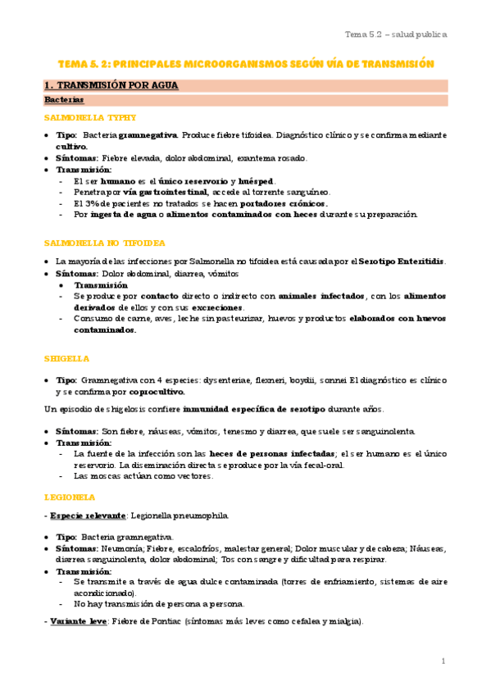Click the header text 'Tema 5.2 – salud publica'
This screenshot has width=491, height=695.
point(395,34)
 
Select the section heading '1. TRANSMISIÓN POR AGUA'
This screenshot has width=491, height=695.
point(111,85)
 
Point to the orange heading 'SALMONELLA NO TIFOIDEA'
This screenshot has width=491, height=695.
point(104,243)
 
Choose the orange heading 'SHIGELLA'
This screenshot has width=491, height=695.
point(66,358)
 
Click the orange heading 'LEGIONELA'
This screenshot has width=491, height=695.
point(70,497)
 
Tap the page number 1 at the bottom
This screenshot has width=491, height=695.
point(443,661)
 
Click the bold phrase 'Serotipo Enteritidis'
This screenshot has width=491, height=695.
point(402,261)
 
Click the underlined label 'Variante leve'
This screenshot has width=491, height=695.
point(78,621)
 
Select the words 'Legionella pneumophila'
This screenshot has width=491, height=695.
point(180,516)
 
